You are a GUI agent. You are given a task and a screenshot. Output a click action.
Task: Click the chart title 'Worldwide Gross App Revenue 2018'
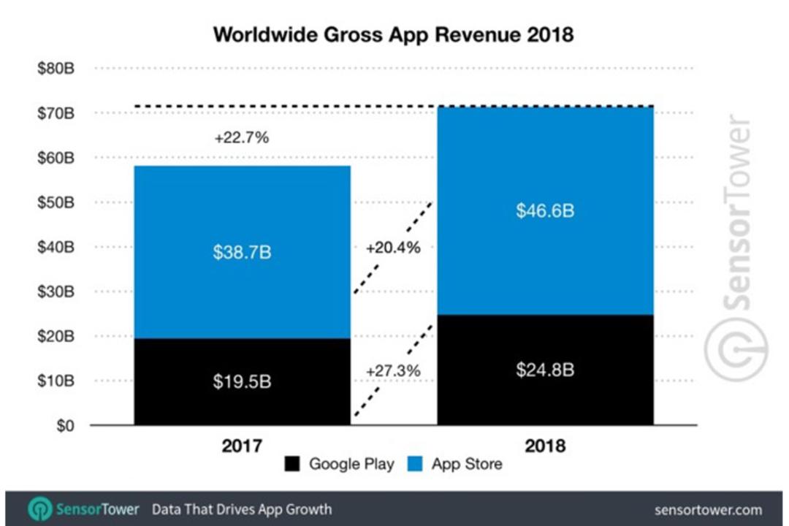393,35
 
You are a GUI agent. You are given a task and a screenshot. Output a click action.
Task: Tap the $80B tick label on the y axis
56,68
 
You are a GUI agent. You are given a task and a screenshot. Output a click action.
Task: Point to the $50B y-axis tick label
56,202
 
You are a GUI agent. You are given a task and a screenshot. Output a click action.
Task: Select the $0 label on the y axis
65,426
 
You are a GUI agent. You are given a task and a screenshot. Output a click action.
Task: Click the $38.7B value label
242,252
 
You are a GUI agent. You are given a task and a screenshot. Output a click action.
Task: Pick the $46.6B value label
545,210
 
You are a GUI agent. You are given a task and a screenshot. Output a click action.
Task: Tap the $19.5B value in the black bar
242,381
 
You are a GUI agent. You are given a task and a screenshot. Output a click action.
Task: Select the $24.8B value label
545,370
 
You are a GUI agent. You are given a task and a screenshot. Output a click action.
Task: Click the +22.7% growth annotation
242,137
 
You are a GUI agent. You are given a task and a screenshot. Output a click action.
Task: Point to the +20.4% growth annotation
393,248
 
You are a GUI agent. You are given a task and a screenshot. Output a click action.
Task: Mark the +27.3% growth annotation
393,371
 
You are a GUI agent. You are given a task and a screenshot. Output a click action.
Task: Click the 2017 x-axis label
242,446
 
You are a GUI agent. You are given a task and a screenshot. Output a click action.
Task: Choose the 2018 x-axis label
545,446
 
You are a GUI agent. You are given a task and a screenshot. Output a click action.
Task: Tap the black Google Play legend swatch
291,464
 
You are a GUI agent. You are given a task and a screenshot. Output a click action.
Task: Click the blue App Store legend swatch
415,464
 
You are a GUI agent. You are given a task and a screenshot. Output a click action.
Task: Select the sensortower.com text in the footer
708,511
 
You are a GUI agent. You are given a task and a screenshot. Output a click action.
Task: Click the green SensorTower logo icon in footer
39,509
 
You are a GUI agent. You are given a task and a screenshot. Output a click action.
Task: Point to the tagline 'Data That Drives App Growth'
242,509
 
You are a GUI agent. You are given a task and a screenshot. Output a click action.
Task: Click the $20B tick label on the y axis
56,336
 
